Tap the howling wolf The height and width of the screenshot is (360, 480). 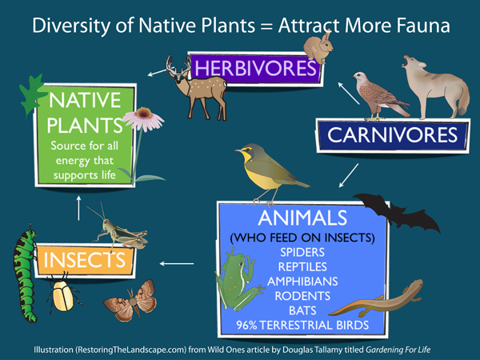tap(436, 88)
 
